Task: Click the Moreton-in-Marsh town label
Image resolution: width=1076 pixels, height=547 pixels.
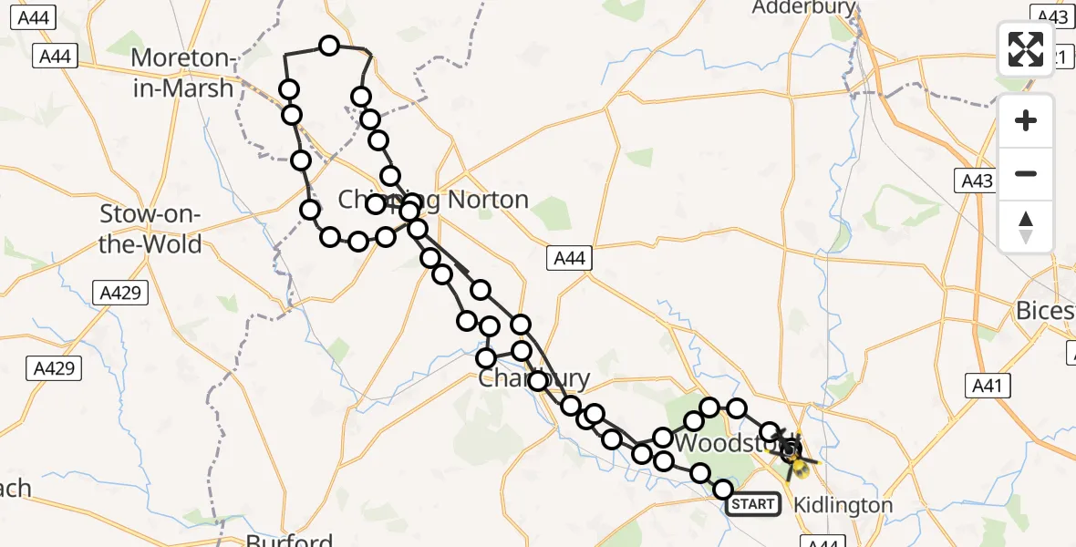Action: coord(182,73)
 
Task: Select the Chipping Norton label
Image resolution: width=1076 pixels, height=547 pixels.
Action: coord(433,200)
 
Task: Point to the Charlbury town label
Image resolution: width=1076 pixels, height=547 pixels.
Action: coord(534,377)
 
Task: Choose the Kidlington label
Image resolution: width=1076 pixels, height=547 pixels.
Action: coord(843,504)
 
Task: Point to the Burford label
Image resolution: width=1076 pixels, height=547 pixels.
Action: coord(289,540)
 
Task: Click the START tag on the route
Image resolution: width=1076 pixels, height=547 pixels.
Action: coord(754,504)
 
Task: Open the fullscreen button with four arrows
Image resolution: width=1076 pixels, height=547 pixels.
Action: coord(1026,49)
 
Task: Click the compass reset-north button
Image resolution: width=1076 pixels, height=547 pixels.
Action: coord(1026,226)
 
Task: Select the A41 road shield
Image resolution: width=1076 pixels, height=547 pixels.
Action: coord(987,387)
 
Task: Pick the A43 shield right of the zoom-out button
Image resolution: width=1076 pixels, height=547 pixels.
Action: coord(977,181)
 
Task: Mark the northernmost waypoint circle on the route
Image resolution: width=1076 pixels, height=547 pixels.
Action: coord(328,46)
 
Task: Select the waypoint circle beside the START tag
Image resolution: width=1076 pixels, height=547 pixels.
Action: coord(724,490)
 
